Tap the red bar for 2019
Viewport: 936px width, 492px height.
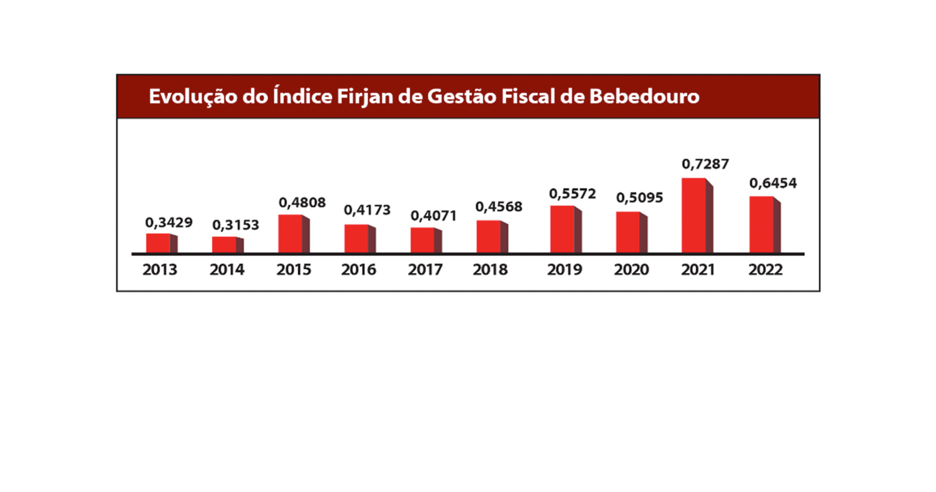[x=563, y=229]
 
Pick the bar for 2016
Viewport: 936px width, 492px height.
[x=357, y=239]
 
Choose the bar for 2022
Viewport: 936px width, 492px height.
[x=762, y=225]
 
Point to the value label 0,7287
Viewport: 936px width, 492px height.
[x=705, y=164]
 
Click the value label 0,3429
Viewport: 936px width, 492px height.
[x=168, y=223]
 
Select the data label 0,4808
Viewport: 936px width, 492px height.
[x=302, y=203]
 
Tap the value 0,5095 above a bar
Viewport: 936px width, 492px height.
[x=639, y=198]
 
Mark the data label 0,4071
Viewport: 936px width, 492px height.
[x=433, y=216]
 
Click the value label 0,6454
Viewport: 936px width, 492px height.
[x=773, y=183]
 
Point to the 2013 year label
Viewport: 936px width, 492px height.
[x=160, y=270]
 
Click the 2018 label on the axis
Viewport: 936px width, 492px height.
[x=490, y=270]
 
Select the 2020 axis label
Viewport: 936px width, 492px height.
[x=631, y=270]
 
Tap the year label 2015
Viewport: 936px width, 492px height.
[x=294, y=270]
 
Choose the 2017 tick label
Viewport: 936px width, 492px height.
[x=425, y=270]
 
